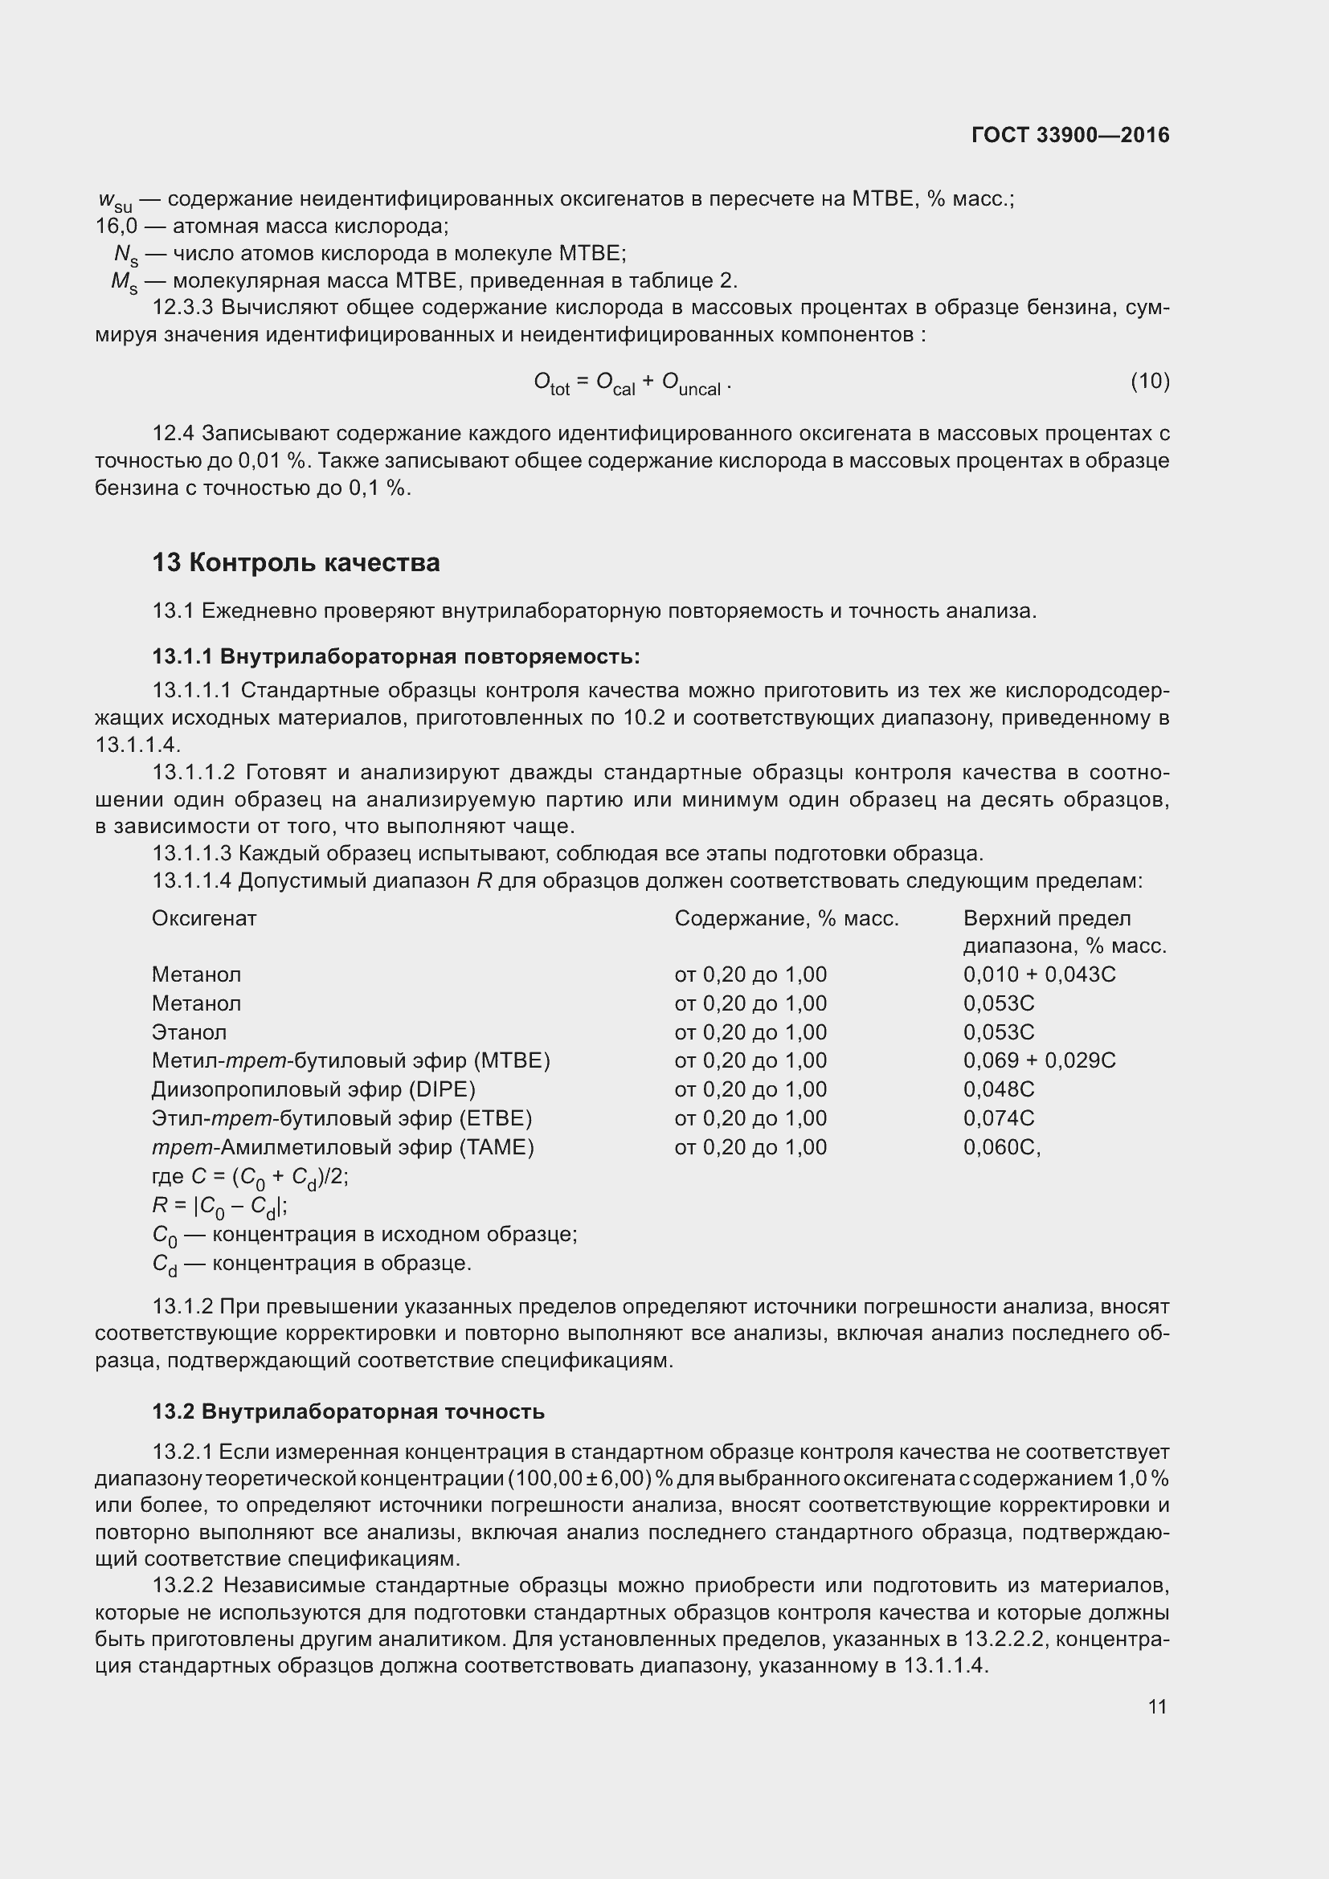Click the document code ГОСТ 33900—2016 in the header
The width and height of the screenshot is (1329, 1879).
(1070, 135)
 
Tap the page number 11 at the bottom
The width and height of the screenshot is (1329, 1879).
(1157, 1706)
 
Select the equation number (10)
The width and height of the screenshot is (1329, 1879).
(1150, 381)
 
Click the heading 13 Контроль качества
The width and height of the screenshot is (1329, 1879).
(296, 563)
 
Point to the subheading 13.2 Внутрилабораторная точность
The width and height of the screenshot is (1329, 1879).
(348, 1411)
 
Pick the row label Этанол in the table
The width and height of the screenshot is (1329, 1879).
(189, 1032)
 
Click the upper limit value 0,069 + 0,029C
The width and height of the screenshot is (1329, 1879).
(1039, 1060)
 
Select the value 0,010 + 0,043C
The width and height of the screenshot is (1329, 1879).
(1039, 974)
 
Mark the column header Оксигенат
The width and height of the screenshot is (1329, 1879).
(204, 918)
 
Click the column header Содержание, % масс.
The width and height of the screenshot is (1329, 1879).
(787, 918)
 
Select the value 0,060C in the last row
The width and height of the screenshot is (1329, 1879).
(1000, 1147)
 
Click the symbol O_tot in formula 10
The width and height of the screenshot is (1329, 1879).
(550, 382)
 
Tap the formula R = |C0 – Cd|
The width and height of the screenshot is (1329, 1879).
(219, 1207)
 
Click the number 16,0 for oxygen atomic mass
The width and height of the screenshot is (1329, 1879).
(117, 226)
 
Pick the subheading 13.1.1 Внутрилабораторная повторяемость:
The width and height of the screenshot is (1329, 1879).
(396, 656)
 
